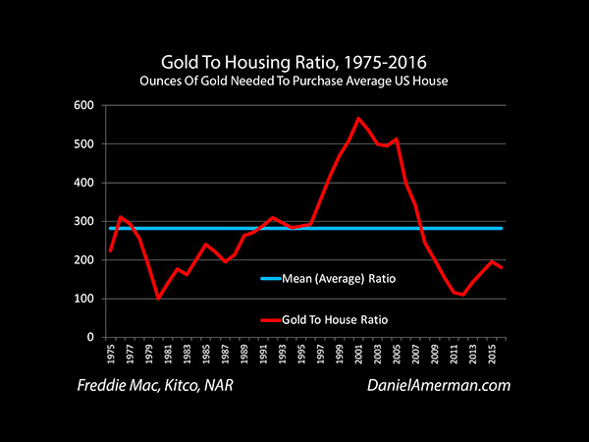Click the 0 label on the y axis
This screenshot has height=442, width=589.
(90, 337)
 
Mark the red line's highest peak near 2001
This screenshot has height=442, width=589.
(358, 118)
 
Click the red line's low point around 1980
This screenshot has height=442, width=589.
(158, 298)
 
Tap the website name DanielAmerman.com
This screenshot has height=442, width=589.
(439, 385)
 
